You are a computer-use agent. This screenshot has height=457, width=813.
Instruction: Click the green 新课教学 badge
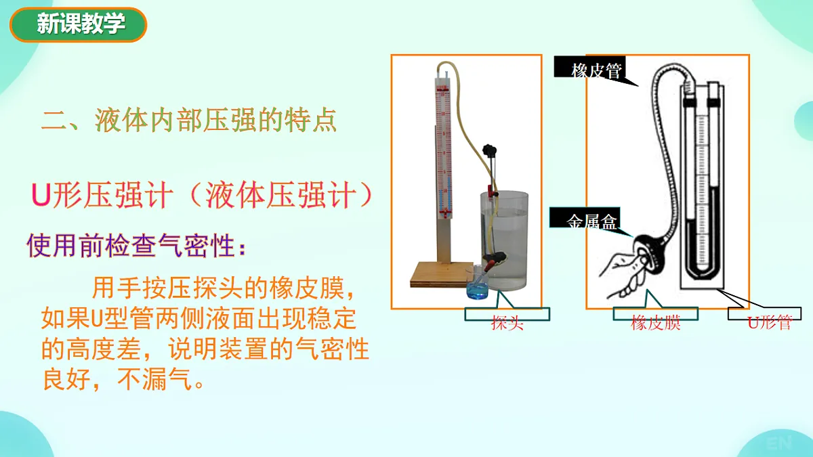78,25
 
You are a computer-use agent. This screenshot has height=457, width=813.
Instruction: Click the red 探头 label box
507,322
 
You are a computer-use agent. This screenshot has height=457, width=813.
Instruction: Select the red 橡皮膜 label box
655,322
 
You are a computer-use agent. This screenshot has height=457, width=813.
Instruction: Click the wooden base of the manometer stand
440,274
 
